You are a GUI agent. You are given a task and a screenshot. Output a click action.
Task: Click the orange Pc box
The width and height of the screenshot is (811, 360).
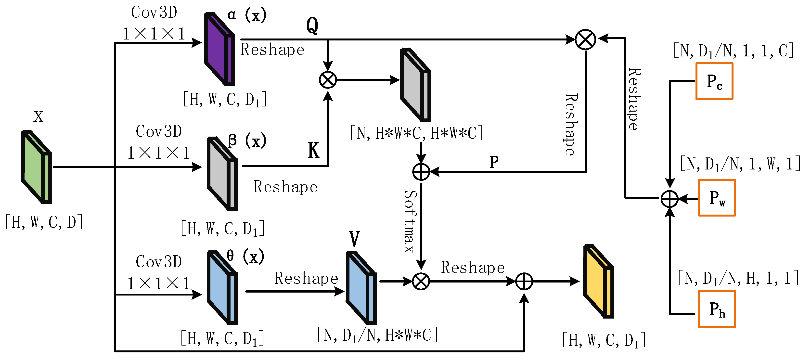coord(714,81)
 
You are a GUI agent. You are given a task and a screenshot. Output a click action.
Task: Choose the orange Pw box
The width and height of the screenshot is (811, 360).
coord(717,198)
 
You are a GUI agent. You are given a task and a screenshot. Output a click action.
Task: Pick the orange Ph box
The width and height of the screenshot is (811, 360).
coord(717,309)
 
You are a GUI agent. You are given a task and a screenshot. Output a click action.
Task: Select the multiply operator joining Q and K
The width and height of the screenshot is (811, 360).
coord(328,80)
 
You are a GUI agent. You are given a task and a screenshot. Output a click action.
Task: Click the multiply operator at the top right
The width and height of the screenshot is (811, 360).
coord(585,40)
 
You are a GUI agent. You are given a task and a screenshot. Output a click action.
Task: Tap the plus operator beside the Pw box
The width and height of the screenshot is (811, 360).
coord(669,199)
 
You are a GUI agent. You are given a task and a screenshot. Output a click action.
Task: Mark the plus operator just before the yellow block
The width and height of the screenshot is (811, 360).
coord(524,281)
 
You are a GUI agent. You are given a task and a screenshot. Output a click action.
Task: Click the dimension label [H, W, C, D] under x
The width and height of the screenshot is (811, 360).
coord(44,222)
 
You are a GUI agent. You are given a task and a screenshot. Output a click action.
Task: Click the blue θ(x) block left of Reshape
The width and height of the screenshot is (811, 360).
coord(222,287)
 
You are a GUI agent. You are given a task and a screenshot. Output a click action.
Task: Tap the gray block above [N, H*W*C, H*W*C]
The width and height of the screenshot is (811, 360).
coord(415,85)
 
